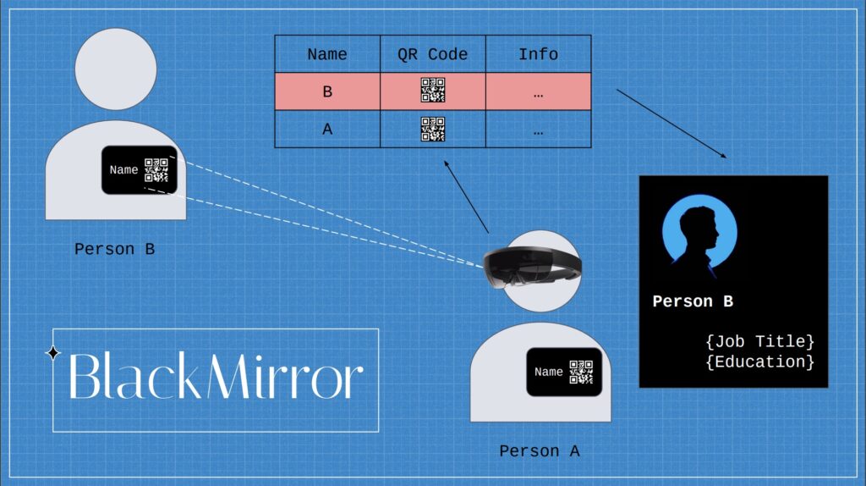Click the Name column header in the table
coord(327,54)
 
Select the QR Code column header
coord(432,54)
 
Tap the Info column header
coord(538,54)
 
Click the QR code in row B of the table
coord(433,90)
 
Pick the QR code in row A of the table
coord(433,129)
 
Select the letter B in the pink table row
coord(327,91)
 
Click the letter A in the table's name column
coord(327,129)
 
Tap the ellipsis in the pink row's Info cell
coord(538,96)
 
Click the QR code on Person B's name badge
coord(156,169)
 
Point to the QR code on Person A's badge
coord(581,372)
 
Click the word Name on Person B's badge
coord(123,169)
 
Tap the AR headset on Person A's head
coord(531,267)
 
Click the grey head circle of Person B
coord(116,69)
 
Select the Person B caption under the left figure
coord(114,250)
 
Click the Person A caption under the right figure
coord(539,451)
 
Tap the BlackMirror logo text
coord(216,376)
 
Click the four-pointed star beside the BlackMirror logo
coord(53,352)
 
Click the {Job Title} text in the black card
coord(760,341)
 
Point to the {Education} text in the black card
coord(760,362)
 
